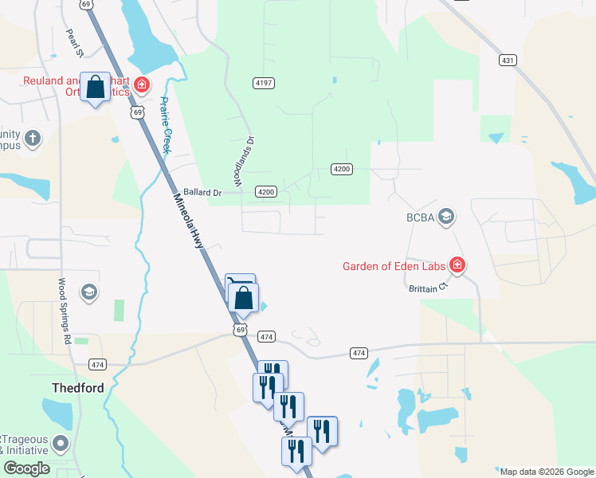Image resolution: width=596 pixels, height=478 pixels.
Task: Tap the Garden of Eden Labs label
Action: [394, 267]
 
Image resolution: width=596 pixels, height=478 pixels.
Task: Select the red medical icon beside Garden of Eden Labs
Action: [457, 264]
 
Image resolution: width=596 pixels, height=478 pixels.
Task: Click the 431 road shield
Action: [508, 60]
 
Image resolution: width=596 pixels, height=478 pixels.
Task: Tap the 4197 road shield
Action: [263, 83]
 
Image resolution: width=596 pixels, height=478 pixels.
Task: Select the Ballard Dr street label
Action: [201, 192]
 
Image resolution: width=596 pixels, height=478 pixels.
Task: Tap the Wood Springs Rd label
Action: [63, 310]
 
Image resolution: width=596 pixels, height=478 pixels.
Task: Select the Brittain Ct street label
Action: [424, 288]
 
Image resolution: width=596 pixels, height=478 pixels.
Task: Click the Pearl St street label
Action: [75, 44]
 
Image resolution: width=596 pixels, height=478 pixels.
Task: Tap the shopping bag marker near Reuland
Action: [96, 88]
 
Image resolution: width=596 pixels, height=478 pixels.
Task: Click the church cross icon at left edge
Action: [32, 139]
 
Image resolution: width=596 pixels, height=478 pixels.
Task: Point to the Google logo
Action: [27, 469]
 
